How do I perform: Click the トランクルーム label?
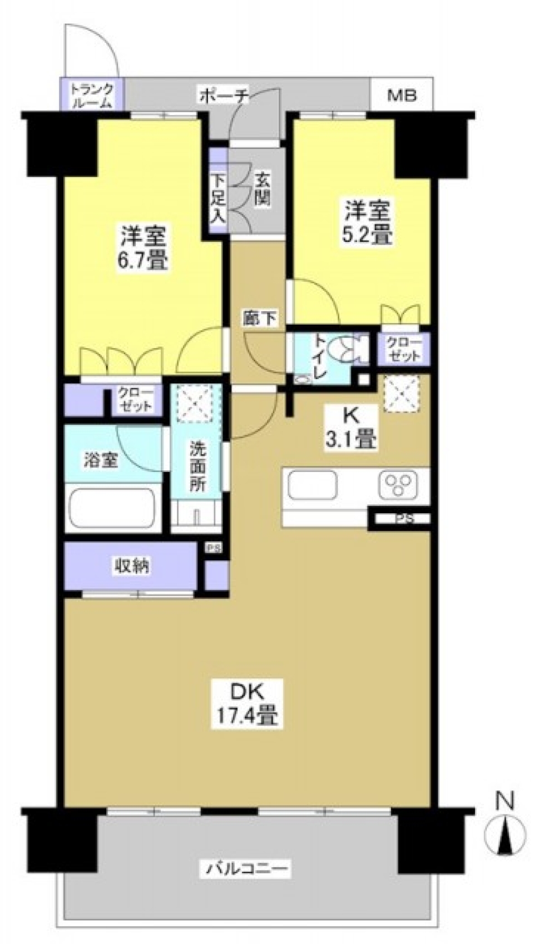[x=91, y=95]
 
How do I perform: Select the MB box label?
[x=402, y=96]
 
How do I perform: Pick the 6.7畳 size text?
[x=144, y=259]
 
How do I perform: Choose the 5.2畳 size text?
[x=368, y=235]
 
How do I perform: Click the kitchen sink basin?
[x=311, y=485]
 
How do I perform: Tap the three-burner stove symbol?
[x=398, y=485]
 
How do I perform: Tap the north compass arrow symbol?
[x=505, y=835]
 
